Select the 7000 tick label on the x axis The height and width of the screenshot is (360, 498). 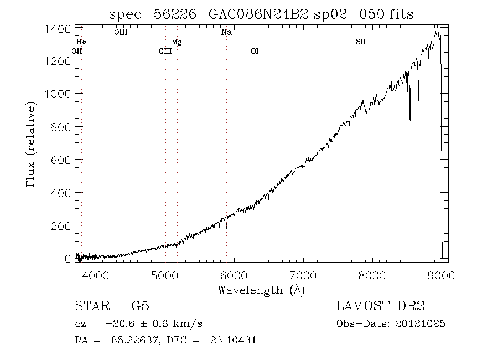pyautogui.click(x=304, y=275)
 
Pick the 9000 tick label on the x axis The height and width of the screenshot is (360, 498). pyautogui.click(x=441, y=275)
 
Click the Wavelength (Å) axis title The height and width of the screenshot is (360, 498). pyautogui.click(x=261, y=290)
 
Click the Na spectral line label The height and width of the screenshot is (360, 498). pyautogui.click(x=226, y=32)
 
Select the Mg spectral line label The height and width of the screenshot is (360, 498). pyautogui.click(x=177, y=42)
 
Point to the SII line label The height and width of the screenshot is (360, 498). pyautogui.click(x=361, y=42)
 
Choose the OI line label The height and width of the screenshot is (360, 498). pyautogui.click(x=255, y=51)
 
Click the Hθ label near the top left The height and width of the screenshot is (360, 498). pyautogui.click(x=81, y=42)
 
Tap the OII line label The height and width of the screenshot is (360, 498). pyautogui.click(x=77, y=51)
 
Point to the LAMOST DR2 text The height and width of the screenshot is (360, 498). pyautogui.click(x=380, y=306)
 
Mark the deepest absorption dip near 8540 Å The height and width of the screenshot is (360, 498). pyautogui.click(x=409, y=119)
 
